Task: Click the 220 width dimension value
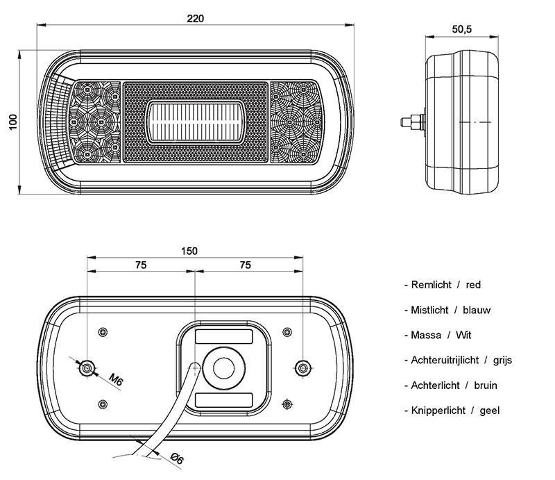point(196,19)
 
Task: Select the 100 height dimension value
point(12,122)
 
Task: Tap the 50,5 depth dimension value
point(462,29)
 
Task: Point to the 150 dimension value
point(189,251)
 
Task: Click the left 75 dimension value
point(141,265)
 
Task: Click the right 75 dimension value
point(246,265)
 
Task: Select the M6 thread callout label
point(116,379)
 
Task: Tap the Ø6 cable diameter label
point(177,458)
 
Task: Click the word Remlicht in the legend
point(431,285)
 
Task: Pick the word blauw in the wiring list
point(477,311)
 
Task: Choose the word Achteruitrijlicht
point(445,361)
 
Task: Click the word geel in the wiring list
point(490,411)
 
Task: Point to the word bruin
point(485,386)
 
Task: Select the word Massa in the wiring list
point(426,335)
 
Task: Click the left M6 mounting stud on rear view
point(87,368)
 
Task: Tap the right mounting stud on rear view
point(302,368)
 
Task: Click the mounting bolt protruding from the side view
point(413,122)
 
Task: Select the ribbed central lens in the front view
point(196,122)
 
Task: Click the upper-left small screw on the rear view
point(103,332)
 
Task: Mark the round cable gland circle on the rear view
point(223,368)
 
